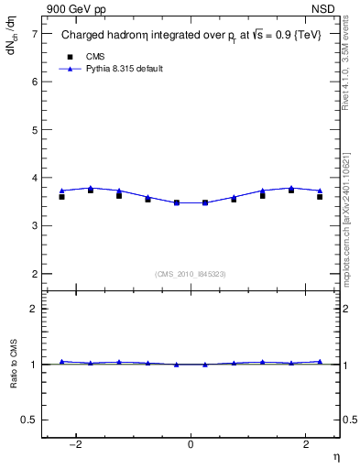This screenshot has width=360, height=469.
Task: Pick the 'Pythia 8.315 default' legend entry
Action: click(124, 69)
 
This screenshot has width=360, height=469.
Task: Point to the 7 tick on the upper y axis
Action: click(34, 34)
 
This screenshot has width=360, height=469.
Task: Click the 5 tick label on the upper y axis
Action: click(34, 129)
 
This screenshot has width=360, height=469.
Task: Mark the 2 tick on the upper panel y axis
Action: click(34, 273)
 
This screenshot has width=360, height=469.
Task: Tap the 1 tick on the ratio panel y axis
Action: click(34, 365)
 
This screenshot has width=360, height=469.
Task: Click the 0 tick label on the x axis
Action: click(191, 444)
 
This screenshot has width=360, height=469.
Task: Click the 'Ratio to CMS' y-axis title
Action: click(13, 365)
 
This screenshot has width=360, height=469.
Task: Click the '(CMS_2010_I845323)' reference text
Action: click(191, 273)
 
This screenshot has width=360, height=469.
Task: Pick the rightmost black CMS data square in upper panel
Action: click(320, 197)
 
